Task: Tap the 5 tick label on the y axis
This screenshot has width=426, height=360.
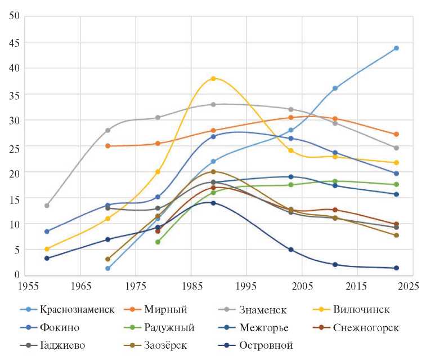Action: (16, 249)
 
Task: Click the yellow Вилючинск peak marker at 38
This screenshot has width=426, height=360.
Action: (213, 78)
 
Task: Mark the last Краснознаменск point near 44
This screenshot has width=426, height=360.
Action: (396, 48)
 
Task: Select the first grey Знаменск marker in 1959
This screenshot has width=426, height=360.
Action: (47, 205)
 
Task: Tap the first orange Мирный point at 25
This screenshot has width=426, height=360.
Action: (107, 146)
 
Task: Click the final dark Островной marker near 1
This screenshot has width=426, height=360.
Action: (396, 268)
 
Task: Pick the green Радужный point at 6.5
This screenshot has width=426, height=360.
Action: (158, 242)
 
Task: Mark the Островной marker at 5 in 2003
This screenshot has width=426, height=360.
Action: (291, 250)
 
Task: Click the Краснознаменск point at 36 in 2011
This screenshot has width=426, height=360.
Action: (335, 88)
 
